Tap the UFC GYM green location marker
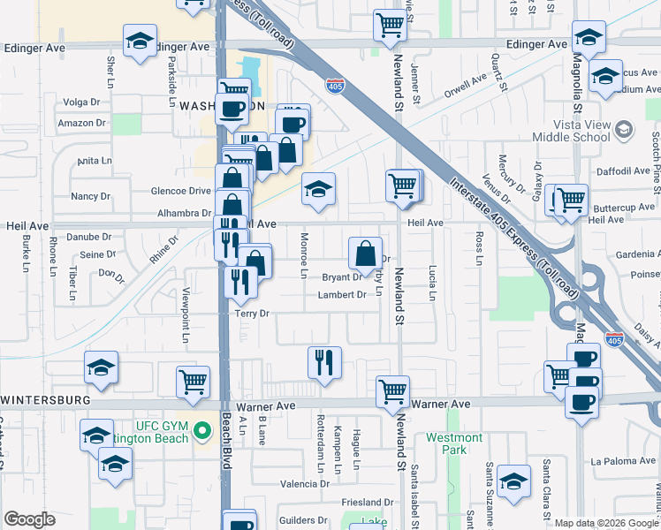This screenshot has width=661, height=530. [x=202, y=431]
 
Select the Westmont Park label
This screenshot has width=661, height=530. [x=453, y=443]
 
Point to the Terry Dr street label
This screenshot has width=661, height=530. [x=251, y=314]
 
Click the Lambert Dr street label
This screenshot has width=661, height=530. [x=342, y=295]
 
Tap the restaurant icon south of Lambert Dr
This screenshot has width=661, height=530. [x=324, y=362]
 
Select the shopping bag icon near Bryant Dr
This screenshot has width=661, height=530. [x=365, y=254]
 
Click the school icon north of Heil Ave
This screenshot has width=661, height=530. [x=318, y=188]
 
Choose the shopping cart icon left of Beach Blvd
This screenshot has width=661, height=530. [x=193, y=382]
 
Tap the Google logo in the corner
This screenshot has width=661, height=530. [x=29, y=519]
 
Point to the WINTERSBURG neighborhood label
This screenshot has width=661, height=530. [x=46, y=400]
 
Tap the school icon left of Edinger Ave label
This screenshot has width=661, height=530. [x=140, y=42]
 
